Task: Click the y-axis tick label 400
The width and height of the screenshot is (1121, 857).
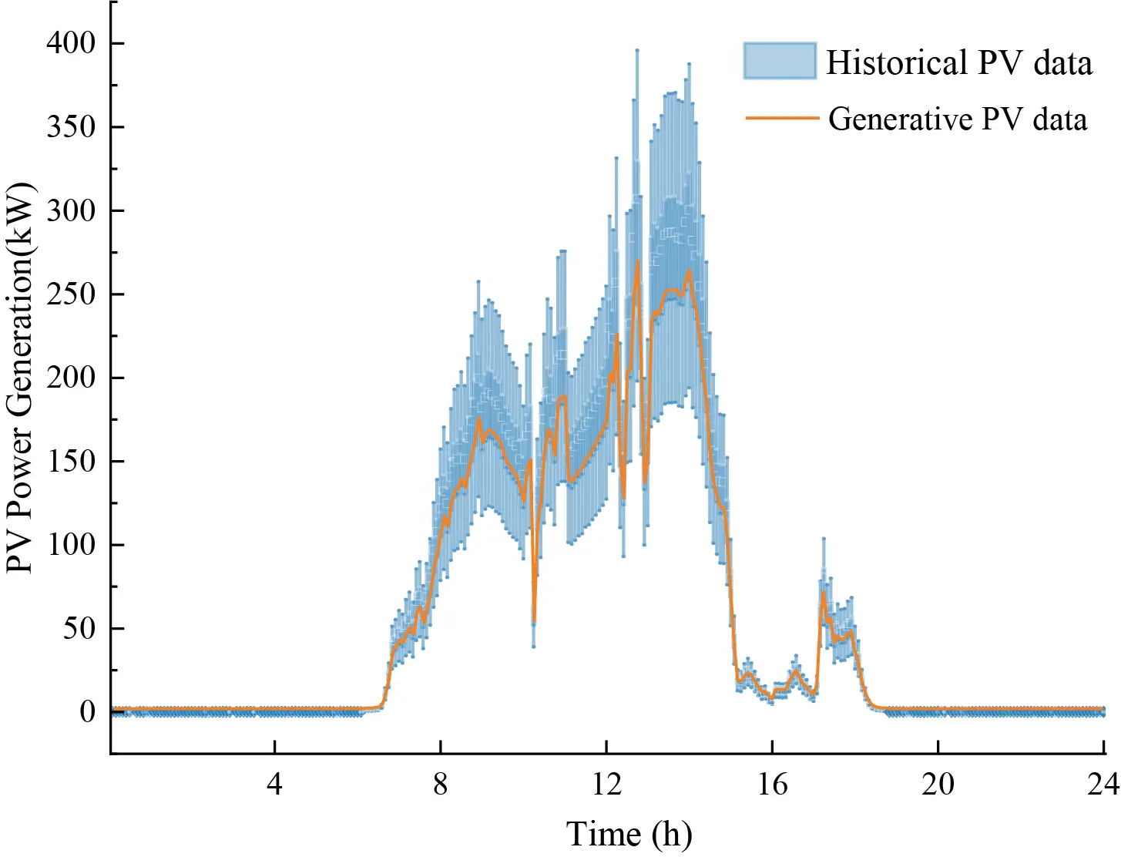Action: pyautogui.click(x=71, y=43)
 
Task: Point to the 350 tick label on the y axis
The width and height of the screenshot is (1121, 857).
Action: pyautogui.click(x=71, y=127)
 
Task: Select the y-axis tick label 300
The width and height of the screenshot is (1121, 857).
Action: pyautogui.click(x=71, y=210)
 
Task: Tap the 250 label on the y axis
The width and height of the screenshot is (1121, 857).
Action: pyautogui.click(x=71, y=294)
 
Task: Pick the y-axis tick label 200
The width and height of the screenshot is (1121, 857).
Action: pyautogui.click(x=71, y=378)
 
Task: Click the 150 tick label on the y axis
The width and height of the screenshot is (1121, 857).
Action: pyautogui.click(x=71, y=462)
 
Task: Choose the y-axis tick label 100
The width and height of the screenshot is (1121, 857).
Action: pyautogui.click(x=71, y=545)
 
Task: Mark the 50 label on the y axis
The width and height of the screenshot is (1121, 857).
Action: pyautogui.click(x=79, y=629)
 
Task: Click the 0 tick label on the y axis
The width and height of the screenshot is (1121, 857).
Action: pyautogui.click(x=88, y=712)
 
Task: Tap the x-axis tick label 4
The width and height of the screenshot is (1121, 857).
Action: pyautogui.click(x=275, y=785)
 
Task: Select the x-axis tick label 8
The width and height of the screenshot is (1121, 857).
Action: pyautogui.click(x=440, y=785)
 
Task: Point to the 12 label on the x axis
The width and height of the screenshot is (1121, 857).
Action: pyautogui.click(x=606, y=785)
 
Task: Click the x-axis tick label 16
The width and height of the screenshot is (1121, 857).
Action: pyautogui.click(x=772, y=785)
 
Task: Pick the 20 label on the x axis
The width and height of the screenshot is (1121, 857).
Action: pyautogui.click(x=938, y=785)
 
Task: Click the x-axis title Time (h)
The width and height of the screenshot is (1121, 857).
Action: pyautogui.click(x=629, y=835)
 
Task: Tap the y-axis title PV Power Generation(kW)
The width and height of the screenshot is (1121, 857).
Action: pyautogui.click(x=20, y=378)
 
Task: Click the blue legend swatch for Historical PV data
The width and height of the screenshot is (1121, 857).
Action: pyautogui.click(x=779, y=61)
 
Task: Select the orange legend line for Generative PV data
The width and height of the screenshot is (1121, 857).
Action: pyautogui.click(x=780, y=119)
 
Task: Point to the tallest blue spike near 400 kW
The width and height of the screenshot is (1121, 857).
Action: pyautogui.click(x=637, y=52)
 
